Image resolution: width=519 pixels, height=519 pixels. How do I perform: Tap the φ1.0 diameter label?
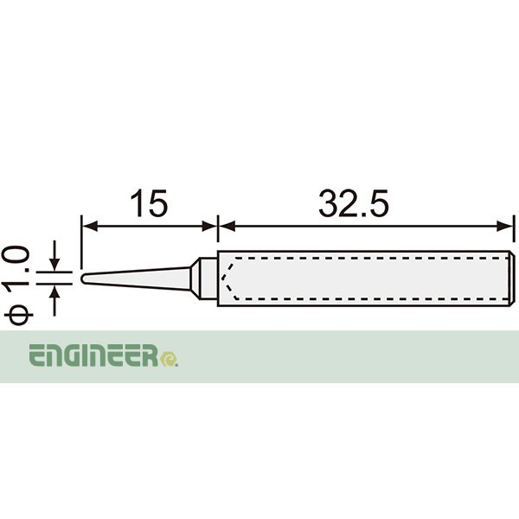(19, 285)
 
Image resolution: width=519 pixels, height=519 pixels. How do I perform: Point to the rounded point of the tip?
(84, 279)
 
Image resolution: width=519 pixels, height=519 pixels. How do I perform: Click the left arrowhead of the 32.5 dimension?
(224, 227)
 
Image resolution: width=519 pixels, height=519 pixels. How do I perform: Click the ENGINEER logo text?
(95, 356)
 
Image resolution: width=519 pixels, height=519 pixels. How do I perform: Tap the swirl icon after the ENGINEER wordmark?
(170, 356)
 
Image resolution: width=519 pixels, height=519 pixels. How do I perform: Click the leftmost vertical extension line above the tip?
(81, 242)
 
